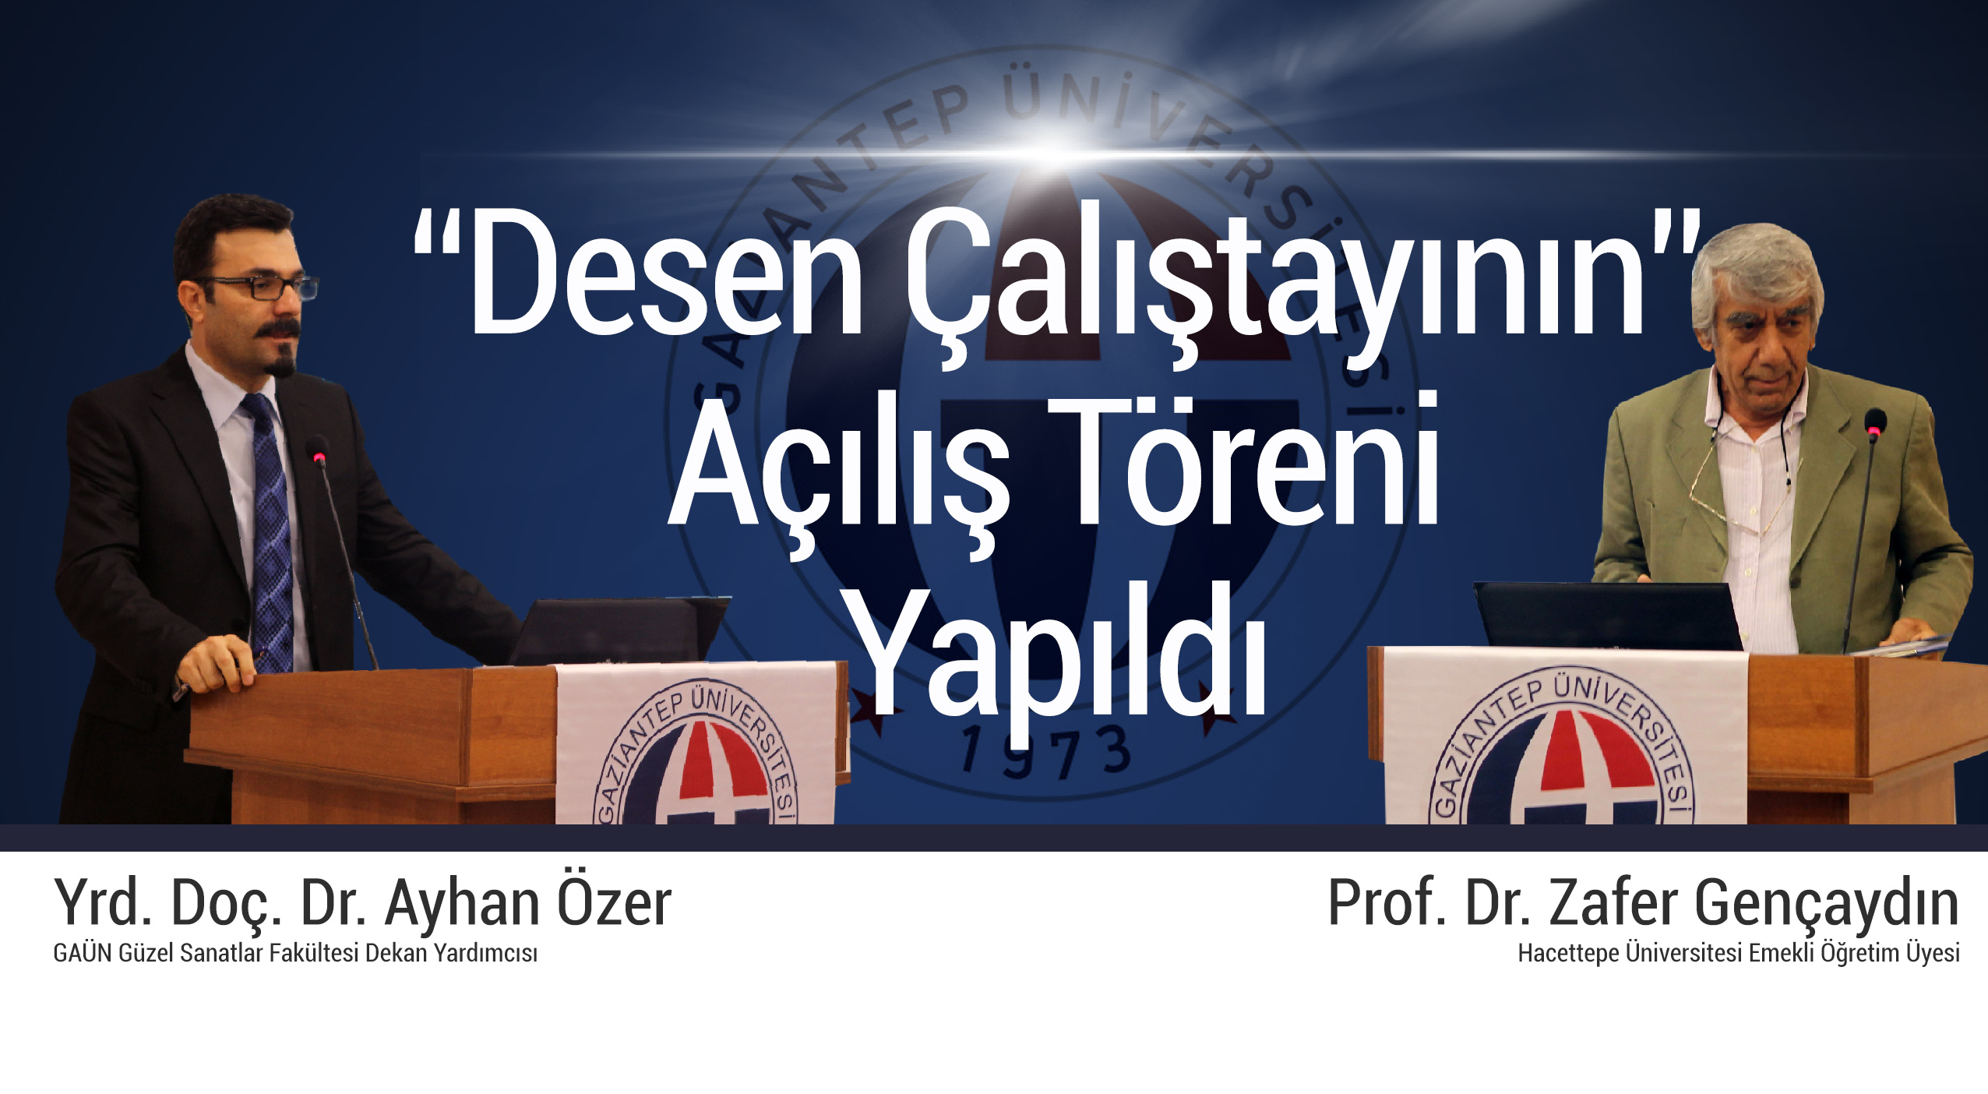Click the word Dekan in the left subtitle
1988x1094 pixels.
tap(397, 952)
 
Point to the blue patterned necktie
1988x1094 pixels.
tap(270, 530)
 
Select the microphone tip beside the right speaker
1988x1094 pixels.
tap(1874, 421)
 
